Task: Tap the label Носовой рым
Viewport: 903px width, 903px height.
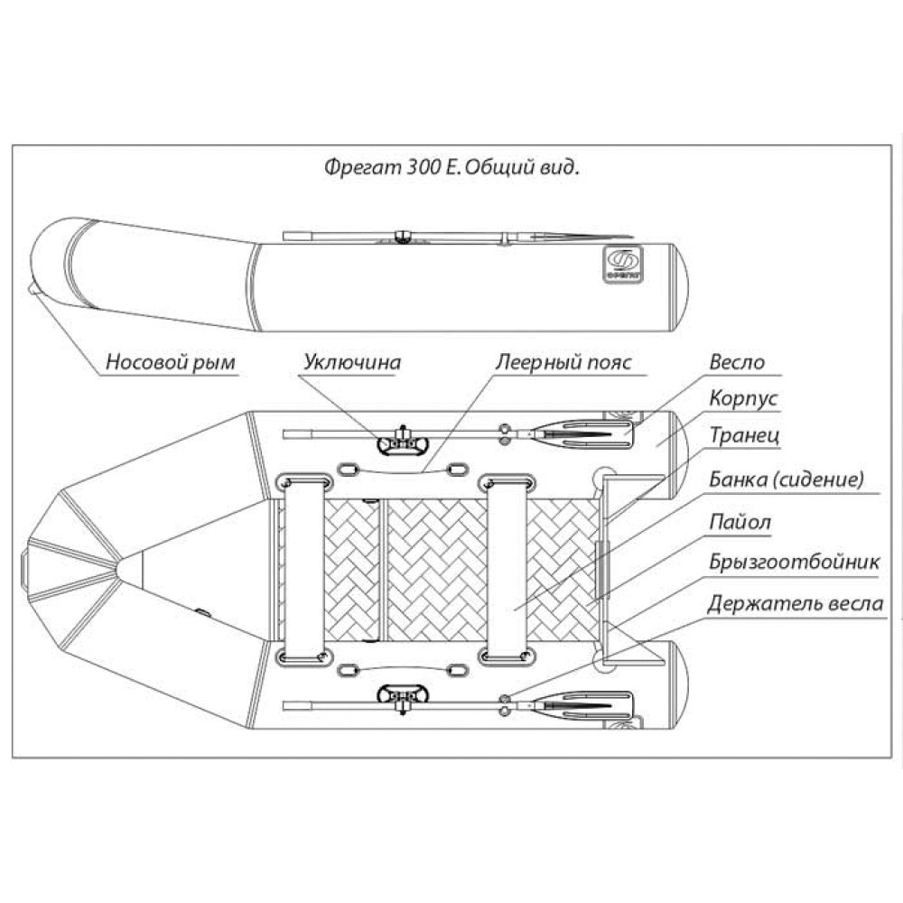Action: pos(171,363)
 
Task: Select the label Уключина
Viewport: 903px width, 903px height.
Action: pos(351,363)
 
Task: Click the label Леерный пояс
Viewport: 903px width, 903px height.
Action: pos(563,363)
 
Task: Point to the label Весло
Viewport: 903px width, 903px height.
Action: pos(737,363)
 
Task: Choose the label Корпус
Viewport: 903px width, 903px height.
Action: pos(744,398)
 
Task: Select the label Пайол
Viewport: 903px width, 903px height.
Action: pos(740,521)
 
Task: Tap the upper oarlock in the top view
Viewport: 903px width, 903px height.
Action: pos(403,442)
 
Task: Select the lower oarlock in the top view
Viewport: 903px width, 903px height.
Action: pos(403,696)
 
